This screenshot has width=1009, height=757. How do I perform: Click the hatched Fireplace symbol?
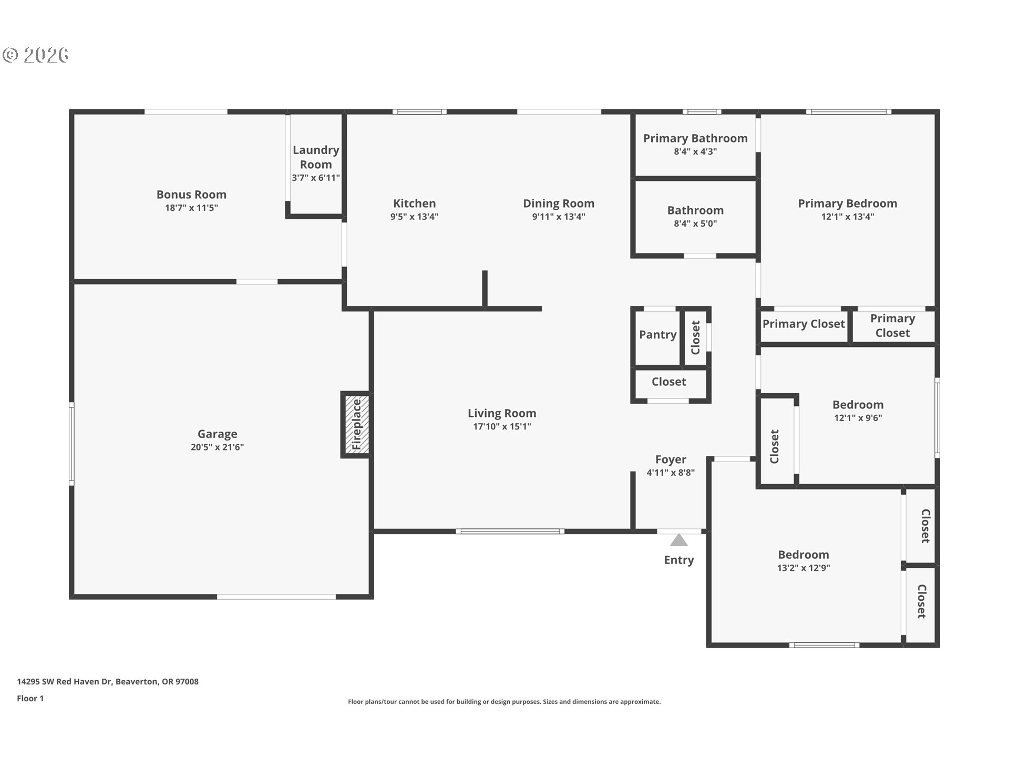point(357,424)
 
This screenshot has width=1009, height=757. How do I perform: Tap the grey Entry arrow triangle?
point(679,540)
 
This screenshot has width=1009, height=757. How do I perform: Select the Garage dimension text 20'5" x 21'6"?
point(217,447)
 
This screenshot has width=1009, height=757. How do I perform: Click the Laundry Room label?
point(316,157)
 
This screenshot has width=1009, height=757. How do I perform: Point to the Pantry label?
point(657,335)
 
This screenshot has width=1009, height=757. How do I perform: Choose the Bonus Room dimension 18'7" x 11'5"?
point(191,208)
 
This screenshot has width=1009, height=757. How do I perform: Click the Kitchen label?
point(414,203)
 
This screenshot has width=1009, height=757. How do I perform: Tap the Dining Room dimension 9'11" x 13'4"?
point(559,217)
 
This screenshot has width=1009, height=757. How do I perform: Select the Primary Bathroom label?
point(695,138)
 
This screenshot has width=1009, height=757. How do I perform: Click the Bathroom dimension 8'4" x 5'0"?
point(695,223)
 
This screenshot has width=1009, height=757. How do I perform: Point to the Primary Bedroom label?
point(848,203)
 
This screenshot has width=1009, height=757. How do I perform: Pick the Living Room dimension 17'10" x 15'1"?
point(502,426)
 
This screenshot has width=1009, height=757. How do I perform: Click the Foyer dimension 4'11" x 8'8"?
point(671,473)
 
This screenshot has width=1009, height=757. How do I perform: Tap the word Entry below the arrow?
point(679,560)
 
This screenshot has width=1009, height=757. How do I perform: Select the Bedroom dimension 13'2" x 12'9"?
point(804,568)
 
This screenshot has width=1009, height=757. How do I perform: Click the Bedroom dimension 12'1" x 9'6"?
point(858,418)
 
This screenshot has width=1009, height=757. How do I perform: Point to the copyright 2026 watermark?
point(35,55)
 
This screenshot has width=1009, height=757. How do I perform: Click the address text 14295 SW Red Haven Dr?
point(65,682)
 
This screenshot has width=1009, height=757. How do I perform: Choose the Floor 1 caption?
point(30,699)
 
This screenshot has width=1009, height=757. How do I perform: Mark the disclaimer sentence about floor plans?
point(504,702)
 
